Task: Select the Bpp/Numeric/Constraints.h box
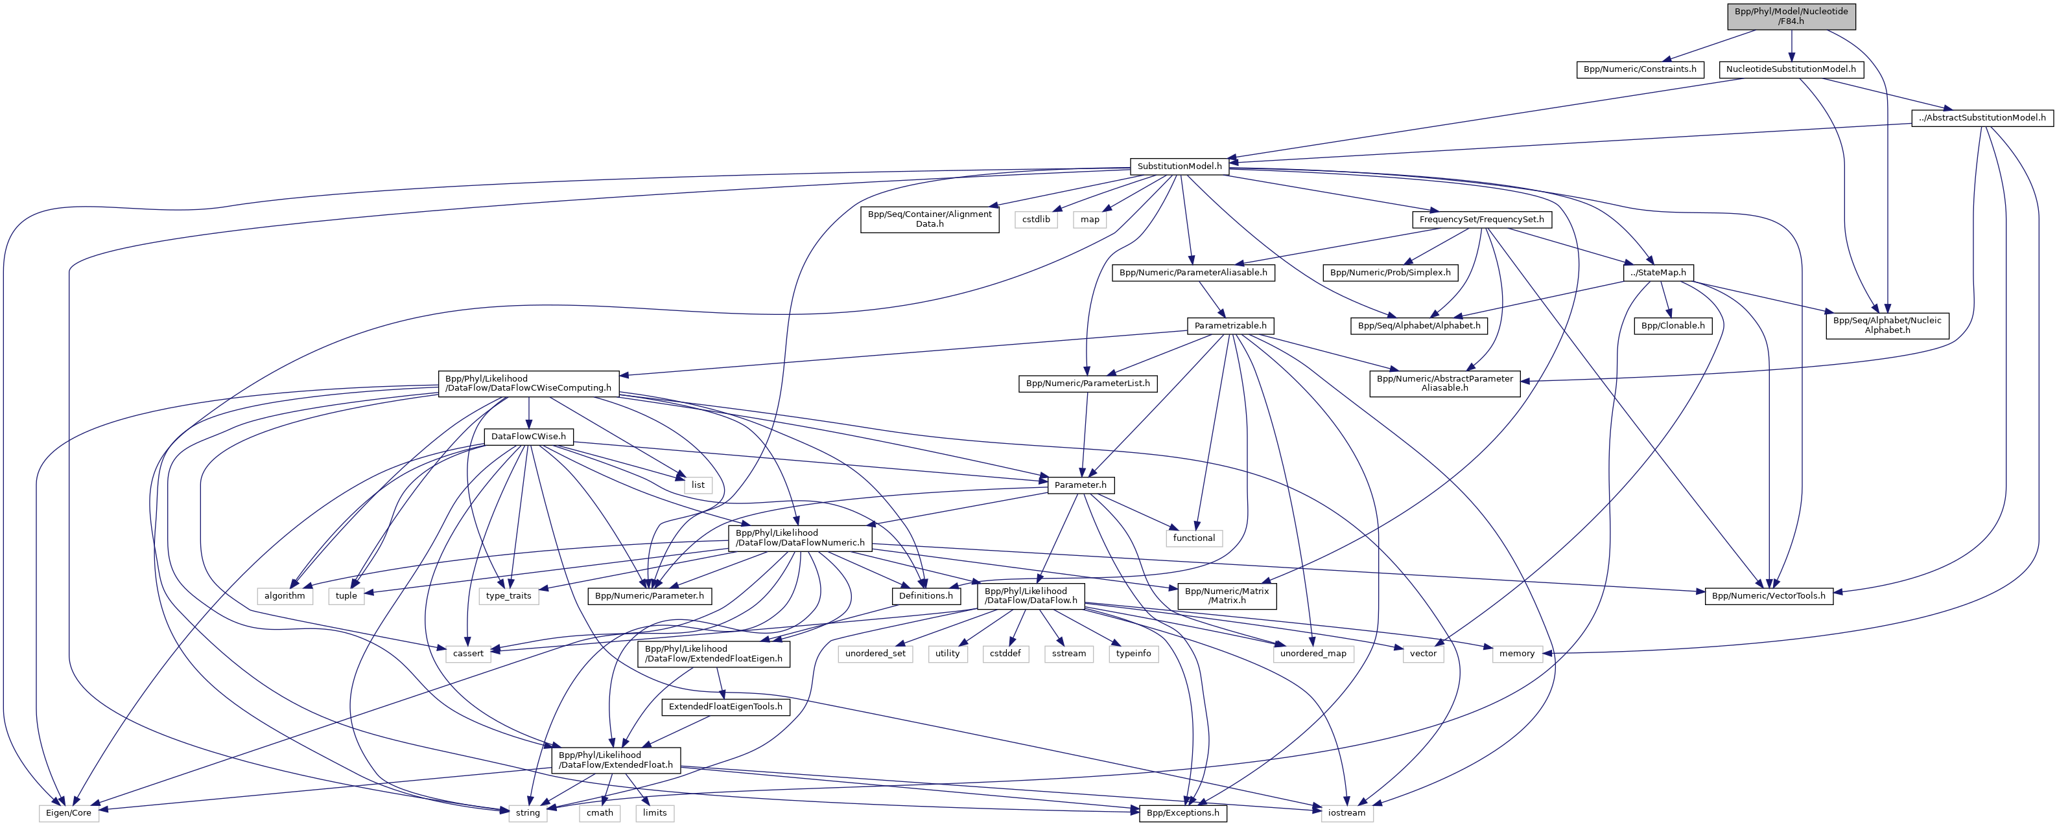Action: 1640,69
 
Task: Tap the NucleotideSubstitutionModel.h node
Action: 1791,69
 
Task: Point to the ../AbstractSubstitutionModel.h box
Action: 1981,117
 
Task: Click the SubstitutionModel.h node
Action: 1179,166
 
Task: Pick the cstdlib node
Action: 1037,220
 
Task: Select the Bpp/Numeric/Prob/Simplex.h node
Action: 1390,273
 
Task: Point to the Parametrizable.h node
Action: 1230,326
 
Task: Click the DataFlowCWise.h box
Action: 528,437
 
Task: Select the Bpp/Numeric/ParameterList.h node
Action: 1088,384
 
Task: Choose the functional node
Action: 1193,538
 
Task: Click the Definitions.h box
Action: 926,595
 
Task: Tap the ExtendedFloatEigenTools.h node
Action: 725,707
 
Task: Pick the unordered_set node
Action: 875,654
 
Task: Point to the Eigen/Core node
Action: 69,813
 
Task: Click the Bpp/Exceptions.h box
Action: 1182,813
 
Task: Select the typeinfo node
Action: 1133,654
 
